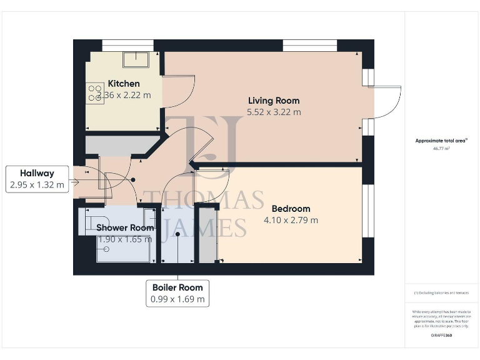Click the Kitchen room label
[x=124, y=84]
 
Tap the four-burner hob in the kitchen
[x=95, y=93]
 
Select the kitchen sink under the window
[x=136, y=59]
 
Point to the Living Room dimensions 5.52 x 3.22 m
[x=274, y=112]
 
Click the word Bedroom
[x=290, y=209]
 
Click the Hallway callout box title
[x=37, y=173]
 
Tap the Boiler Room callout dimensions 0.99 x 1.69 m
[x=177, y=299]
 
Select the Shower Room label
[x=124, y=227]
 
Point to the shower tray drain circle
[x=106, y=249]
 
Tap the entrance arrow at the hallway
[x=74, y=182]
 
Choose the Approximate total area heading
[x=441, y=141]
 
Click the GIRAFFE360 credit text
[x=441, y=336]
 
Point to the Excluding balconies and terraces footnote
[x=441, y=292]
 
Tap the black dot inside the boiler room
[x=178, y=234]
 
